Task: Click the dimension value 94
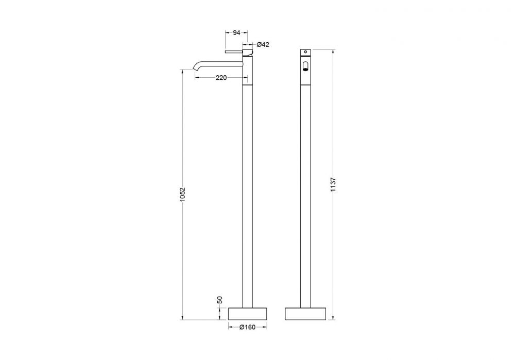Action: click(236, 32)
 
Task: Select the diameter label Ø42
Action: click(263, 44)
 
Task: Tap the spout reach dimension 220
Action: click(221, 78)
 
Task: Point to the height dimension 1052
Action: click(183, 195)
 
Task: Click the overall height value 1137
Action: click(333, 184)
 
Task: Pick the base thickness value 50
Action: click(220, 300)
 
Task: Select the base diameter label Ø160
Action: click(247, 327)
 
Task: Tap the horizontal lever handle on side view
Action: click(233, 52)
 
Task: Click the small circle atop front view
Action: click(305, 52)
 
